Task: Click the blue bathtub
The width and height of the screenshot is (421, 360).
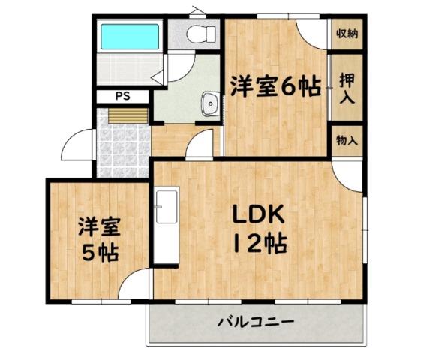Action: point(130,37)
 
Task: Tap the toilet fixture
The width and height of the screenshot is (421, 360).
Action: point(201,34)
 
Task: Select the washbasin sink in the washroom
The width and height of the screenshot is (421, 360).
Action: point(211,103)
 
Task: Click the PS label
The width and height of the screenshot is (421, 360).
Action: point(123,96)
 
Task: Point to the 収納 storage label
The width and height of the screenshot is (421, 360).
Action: point(347,34)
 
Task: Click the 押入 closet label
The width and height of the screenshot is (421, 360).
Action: point(347,88)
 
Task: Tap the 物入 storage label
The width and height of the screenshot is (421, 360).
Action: point(347,140)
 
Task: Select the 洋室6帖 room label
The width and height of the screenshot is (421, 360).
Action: point(276,86)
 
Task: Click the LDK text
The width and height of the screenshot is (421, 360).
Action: point(258,214)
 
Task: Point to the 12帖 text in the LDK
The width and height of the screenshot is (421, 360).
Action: point(260,244)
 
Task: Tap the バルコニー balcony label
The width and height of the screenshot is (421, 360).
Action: point(256,321)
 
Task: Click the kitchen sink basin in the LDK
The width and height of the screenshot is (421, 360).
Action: point(167,207)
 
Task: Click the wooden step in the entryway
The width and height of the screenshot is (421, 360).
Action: point(128,116)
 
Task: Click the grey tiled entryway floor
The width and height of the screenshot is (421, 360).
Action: point(123,150)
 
